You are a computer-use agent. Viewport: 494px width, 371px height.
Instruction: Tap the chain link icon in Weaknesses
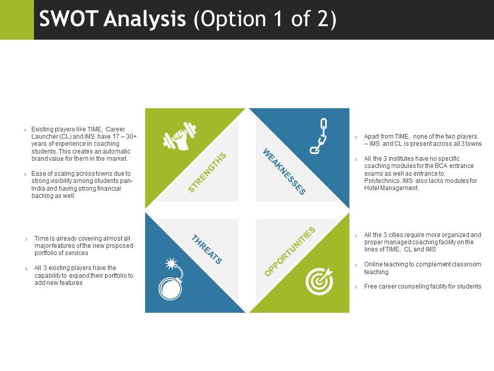tap(319, 136)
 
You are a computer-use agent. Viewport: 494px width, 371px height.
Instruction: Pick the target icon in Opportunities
tap(320, 281)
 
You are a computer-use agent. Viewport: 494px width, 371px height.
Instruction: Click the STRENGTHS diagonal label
tap(207, 173)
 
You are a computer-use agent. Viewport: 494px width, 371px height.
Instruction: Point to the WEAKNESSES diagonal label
tap(284, 172)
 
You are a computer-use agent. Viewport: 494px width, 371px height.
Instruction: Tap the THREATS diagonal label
tap(207, 249)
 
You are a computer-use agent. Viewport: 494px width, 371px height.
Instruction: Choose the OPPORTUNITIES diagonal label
tap(289, 251)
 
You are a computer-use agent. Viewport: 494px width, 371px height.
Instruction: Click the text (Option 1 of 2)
tap(265, 20)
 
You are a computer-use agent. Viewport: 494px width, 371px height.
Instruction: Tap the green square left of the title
tap(16, 20)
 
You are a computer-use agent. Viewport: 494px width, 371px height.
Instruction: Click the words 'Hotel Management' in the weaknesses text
tap(391, 188)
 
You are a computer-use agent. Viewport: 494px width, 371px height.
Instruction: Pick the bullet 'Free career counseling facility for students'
tap(422, 286)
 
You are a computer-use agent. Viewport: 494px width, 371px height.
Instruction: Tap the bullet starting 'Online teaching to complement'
tap(422, 268)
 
